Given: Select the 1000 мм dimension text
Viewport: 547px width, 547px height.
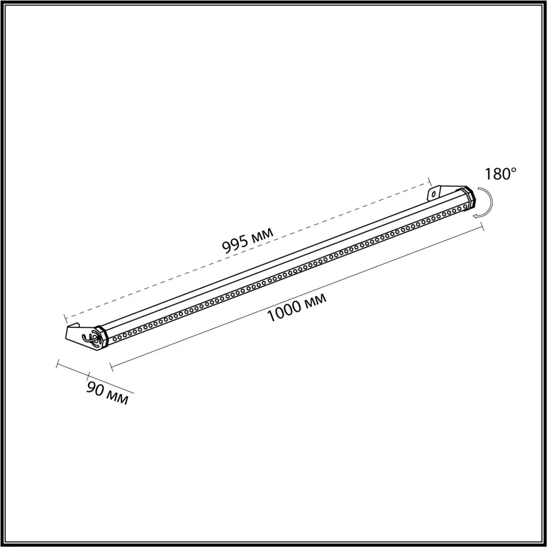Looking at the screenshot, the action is pyautogui.click(x=297, y=308).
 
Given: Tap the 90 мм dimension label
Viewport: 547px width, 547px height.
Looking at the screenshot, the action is pyautogui.click(x=107, y=393).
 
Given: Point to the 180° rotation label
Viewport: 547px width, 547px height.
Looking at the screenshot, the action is pyautogui.click(x=501, y=174).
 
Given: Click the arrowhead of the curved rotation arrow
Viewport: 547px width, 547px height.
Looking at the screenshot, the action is pyautogui.click(x=476, y=217).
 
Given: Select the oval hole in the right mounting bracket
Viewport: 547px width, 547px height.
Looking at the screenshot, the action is pyautogui.click(x=433, y=194).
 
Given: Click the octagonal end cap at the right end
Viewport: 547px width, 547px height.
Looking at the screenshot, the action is pyautogui.click(x=469, y=198).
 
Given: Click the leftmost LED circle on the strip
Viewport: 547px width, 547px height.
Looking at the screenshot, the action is pyautogui.click(x=115, y=338).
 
